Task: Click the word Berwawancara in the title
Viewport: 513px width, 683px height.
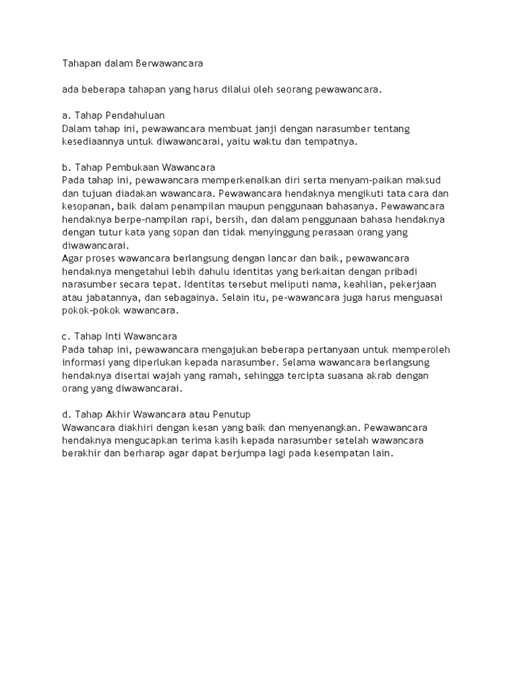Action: (168, 64)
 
